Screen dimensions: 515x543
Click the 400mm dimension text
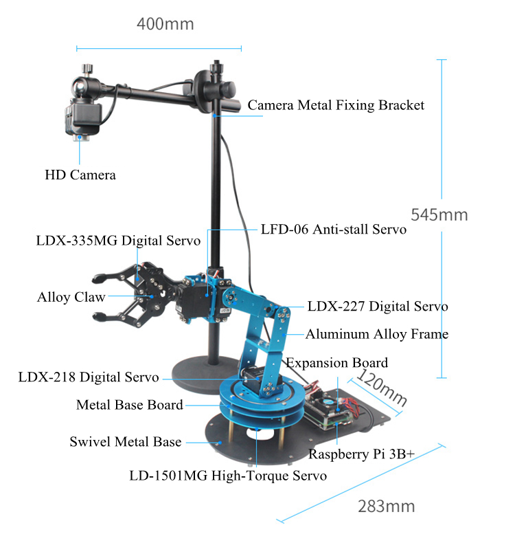click(165, 24)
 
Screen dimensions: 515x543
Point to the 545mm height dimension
click(439, 214)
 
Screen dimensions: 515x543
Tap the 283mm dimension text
click(387, 507)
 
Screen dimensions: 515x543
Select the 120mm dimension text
click(382, 386)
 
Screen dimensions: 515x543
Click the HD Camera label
click(80, 175)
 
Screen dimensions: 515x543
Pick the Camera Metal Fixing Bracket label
click(336, 105)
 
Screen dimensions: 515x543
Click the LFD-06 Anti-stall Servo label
click(334, 230)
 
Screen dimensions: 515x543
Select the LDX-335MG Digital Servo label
click(118, 241)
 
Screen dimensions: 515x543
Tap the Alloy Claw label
click(71, 297)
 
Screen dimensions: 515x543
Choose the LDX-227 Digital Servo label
click(378, 306)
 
